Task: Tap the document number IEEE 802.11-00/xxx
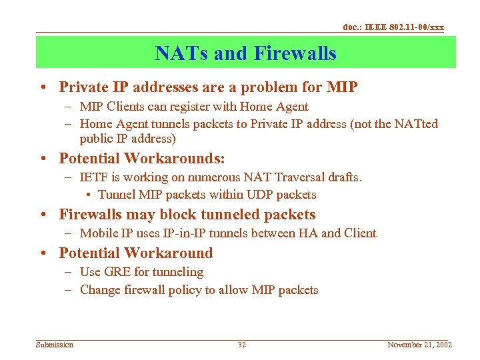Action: [x=393, y=27]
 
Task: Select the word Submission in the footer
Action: [x=55, y=345]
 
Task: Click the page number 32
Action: [x=242, y=345]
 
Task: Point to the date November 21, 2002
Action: [x=419, y=345]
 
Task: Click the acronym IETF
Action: [x=92, y=177]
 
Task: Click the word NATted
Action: [x=417, y=124]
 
